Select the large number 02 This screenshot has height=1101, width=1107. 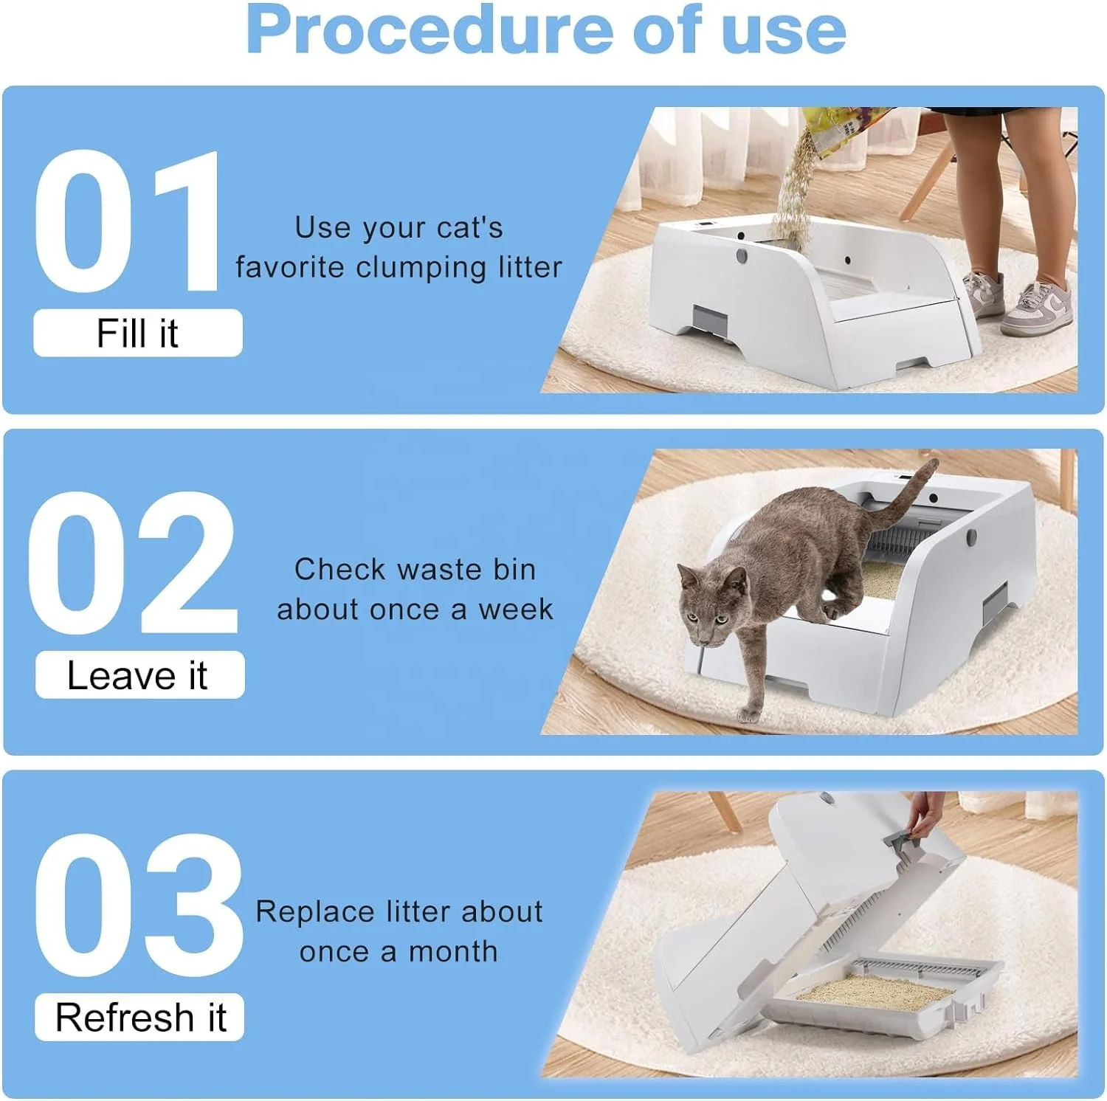coord(133,562)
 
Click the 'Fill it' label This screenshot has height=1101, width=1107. coord(138,333)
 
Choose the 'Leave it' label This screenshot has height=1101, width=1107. coord(139,674)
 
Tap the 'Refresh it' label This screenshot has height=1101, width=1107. coord(139,1017)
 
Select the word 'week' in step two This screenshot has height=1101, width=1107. coord(515,610)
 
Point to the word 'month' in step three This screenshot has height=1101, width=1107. coord(453,952)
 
